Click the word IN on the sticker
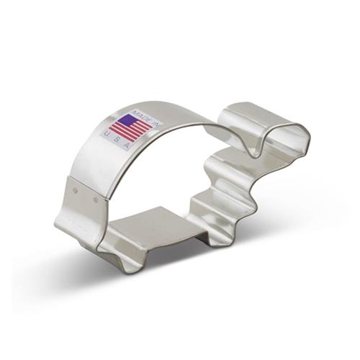click(x=155, y=122)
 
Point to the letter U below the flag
click(x=107, y=134)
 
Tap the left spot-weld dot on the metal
click(x=76, y=191)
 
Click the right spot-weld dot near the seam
click(x=96, y=199)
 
